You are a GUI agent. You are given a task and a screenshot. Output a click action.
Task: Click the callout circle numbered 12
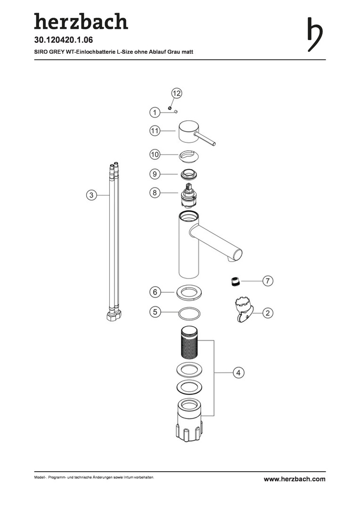[176, 93]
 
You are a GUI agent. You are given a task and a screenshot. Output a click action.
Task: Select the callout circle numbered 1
[155, 113]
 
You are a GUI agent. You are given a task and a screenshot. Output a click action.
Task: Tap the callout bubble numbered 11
[155, 131]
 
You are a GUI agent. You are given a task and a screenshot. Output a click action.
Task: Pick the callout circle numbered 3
[91, 195]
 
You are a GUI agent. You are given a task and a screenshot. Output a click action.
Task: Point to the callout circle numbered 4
[238, 372]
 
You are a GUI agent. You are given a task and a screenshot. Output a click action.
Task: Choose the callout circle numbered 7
[268, 281]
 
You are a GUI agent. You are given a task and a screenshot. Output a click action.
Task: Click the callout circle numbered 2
[268, 313]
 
